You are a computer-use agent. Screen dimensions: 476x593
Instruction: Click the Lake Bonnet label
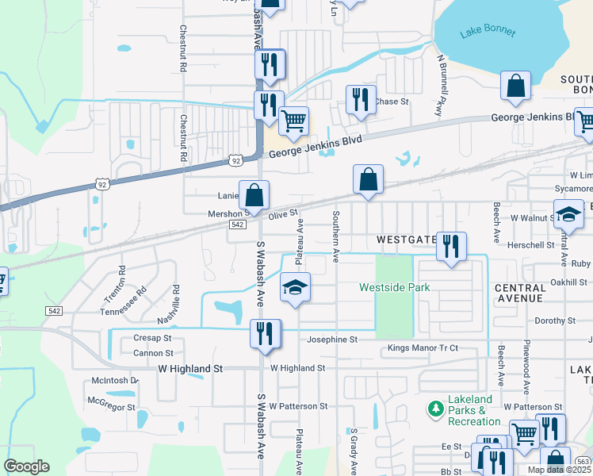coord(488,33)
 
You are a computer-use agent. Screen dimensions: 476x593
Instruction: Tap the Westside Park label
coord(395,287)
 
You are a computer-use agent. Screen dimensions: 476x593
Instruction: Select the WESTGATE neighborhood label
coord(407,239)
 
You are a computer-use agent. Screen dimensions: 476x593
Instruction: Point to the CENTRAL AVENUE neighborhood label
coord(519,293)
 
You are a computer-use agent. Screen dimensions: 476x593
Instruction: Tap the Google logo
coord(27,466)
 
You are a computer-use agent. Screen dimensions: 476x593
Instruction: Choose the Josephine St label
coord(332,340)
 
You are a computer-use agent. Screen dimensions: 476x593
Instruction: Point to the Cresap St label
coord(153,338)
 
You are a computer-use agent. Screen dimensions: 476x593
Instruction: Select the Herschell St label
coord(530,246)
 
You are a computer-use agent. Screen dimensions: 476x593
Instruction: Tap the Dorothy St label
coord(555,321)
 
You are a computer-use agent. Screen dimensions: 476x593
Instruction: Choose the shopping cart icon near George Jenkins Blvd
coord(294,121)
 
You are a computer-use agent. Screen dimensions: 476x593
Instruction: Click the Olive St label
coord(283,214)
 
